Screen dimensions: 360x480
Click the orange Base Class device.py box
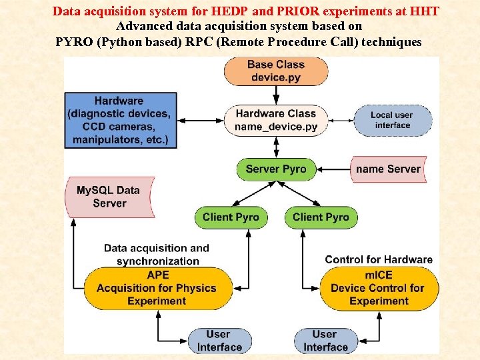click(x=275, y=71)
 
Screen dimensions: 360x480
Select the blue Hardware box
click(x=119, y=121)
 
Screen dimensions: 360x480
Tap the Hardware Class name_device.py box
click(x=275, y=121)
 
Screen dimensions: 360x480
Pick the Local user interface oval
click(x=391, y=121)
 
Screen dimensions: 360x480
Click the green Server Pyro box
click(x=275, y=169)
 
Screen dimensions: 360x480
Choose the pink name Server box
click(x=388, y=169)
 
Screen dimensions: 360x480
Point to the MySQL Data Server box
click(x=109, y=197)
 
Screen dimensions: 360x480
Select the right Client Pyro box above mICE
click(x=321, y=217)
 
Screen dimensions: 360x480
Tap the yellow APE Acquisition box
click(x=157, y=288)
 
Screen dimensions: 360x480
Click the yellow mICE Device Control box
click(x=378, y=288)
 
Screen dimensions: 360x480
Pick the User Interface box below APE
click(x=219, y=341)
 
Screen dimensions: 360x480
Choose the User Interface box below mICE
click(x=325, y=341)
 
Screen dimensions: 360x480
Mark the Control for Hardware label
click(x=378, y=259)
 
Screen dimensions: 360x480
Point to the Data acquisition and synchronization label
click(x=157, y=254)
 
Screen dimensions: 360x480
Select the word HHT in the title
click(x=425, y=11)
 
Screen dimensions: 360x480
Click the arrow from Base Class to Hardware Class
click(x=275, y=95)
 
